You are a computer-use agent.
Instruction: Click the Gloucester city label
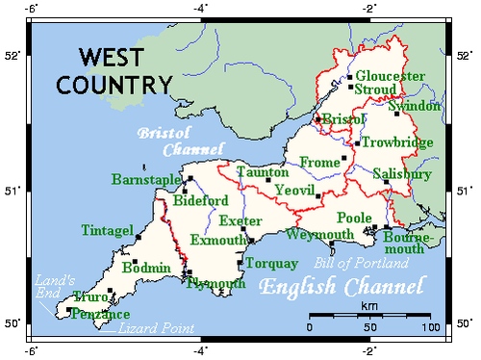pyautogui.click(x=390, y=76)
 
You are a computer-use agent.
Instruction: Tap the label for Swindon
pyautogui.click(x=419, y=106)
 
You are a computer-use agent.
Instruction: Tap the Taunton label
pyautogui.click(x=262, y=172)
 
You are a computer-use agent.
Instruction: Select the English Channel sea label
pyautogui.click(x=342, y=287)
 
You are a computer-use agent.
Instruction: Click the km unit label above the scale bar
pyautogui.click(x=368, y=305)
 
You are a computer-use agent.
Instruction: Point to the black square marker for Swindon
pyautogui.click(x=395, y=114)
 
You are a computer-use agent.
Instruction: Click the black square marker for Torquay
pyautogui.click(x=240, y=263)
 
